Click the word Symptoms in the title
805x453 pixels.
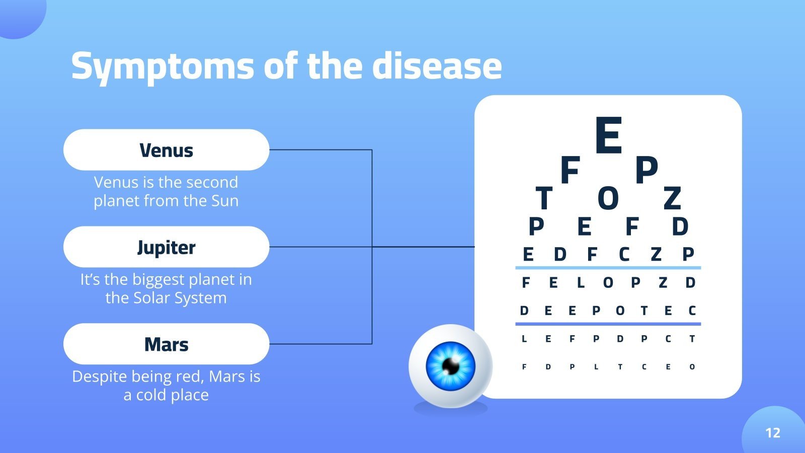point(162,66)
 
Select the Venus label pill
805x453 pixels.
point(166,150)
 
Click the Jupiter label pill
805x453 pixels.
point(166,247)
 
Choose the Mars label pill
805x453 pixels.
point(166,344)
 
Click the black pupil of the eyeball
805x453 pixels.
point(451,366)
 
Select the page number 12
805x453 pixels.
point(772,433)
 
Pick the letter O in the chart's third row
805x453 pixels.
point(608,198)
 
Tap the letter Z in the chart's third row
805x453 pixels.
point(672,198)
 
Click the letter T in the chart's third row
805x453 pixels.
point(544,198)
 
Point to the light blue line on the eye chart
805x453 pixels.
point(608,268)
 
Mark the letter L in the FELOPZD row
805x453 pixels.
point(581,283)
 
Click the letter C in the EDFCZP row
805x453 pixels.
point(624,255)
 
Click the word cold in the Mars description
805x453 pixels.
point(151,395)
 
